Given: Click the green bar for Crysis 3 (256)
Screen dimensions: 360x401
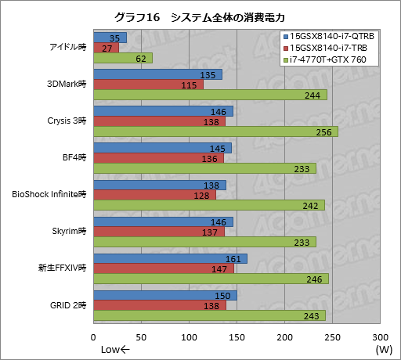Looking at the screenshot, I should (x=215, y=131).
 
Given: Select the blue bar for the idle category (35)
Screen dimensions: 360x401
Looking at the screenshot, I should (x=110, y=38).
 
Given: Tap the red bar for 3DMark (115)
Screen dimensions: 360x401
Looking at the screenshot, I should (x=148, y=85).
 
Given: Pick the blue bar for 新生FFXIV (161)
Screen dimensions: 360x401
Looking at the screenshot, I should (x=170, y=258).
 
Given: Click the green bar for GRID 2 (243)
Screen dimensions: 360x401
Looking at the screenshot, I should (x=209, y=315).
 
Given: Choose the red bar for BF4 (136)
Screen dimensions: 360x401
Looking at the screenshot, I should (x=158, y=158).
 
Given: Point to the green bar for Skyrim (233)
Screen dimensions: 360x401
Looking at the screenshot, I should (x=204, y=242).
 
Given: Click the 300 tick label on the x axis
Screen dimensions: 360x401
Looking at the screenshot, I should (x=380, y=337).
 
